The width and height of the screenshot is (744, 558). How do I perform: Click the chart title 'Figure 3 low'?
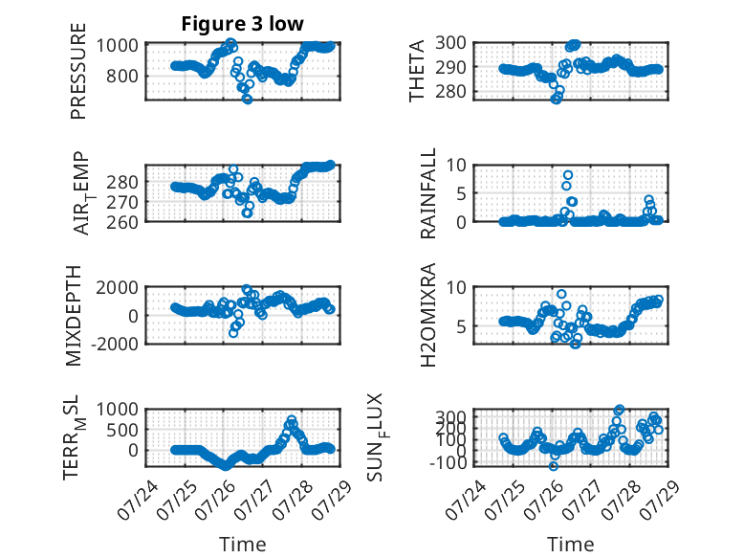242,24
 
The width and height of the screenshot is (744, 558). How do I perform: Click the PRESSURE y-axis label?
78,71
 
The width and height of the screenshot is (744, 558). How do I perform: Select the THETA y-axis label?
417,71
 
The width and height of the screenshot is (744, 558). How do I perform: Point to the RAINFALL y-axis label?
428,193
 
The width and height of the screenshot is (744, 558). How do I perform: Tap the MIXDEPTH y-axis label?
74,316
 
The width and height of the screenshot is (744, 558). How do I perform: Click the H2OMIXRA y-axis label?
428,315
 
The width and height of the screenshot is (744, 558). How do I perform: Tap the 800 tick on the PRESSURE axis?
122,76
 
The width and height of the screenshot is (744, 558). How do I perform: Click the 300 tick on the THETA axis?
450,43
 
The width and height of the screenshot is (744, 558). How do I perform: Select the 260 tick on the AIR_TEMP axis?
122,222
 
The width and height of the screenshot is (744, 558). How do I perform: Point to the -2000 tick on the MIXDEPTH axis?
118,344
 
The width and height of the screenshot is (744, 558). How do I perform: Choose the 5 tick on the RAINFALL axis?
462,193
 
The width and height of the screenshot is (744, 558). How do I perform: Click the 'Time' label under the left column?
243,545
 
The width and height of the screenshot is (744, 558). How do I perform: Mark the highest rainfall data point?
568,175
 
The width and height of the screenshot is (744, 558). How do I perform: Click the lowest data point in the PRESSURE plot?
248,99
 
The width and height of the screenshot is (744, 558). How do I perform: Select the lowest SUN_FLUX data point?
554,466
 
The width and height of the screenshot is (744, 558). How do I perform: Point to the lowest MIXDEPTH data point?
233,333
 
